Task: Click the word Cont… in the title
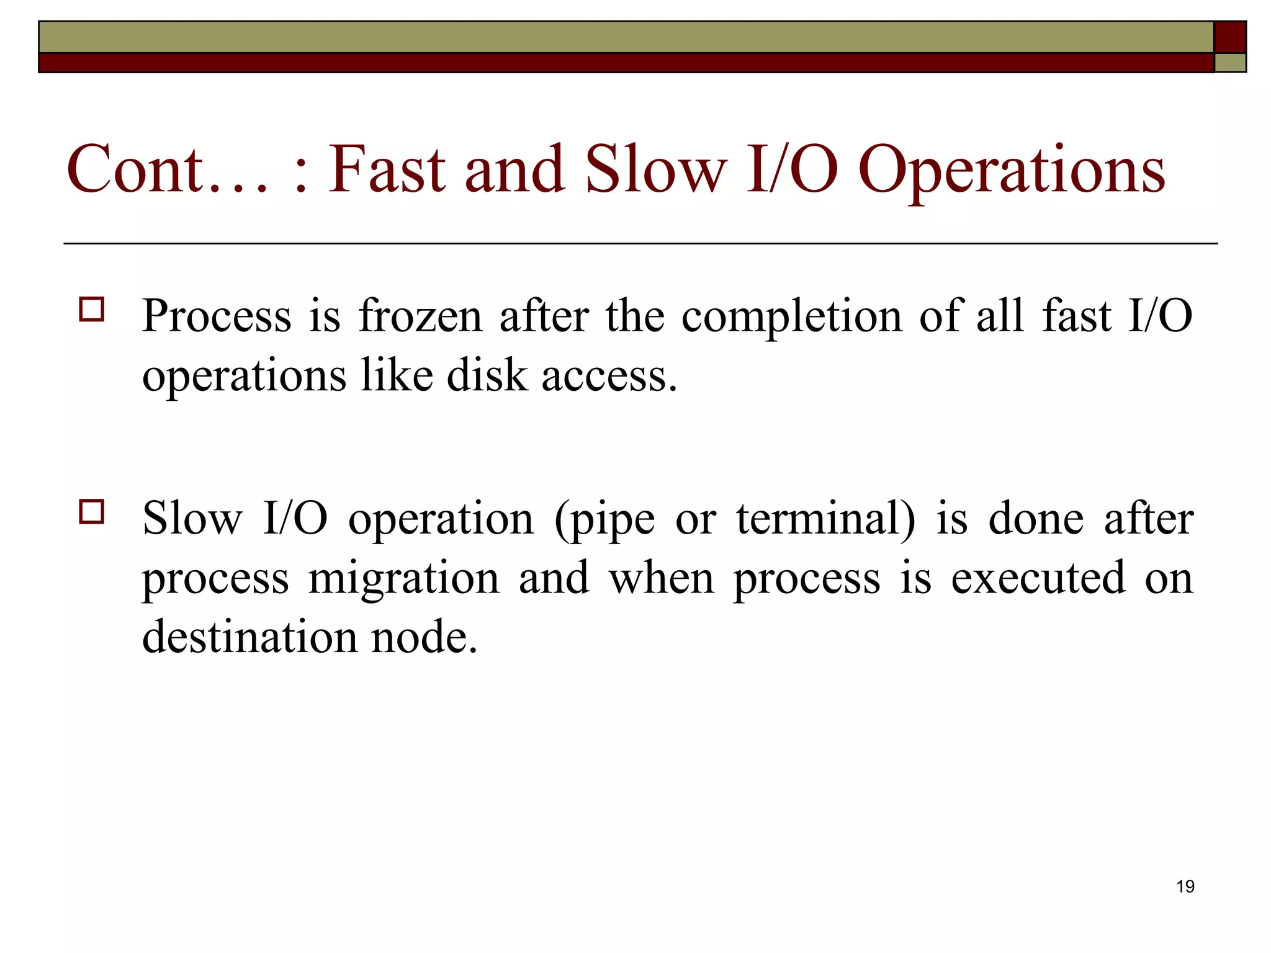[x=168, y=169]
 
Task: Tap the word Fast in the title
[x=386, y=169]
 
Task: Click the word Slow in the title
[x=655, y=169]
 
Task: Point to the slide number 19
[x=1185, y=887]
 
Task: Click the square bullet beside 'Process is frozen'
[x=92, y=309]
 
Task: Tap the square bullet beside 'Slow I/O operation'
[x=92, y=512]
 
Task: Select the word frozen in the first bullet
[x=420, y=316]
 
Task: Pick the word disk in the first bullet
[x=486, y=376]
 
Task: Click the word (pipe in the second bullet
[x=604, y=520]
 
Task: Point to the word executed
[x=1038, y=578]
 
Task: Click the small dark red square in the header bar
[x=1229, y=37]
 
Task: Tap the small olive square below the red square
[x=1229, y=63]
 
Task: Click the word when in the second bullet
[x=662, y=578]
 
